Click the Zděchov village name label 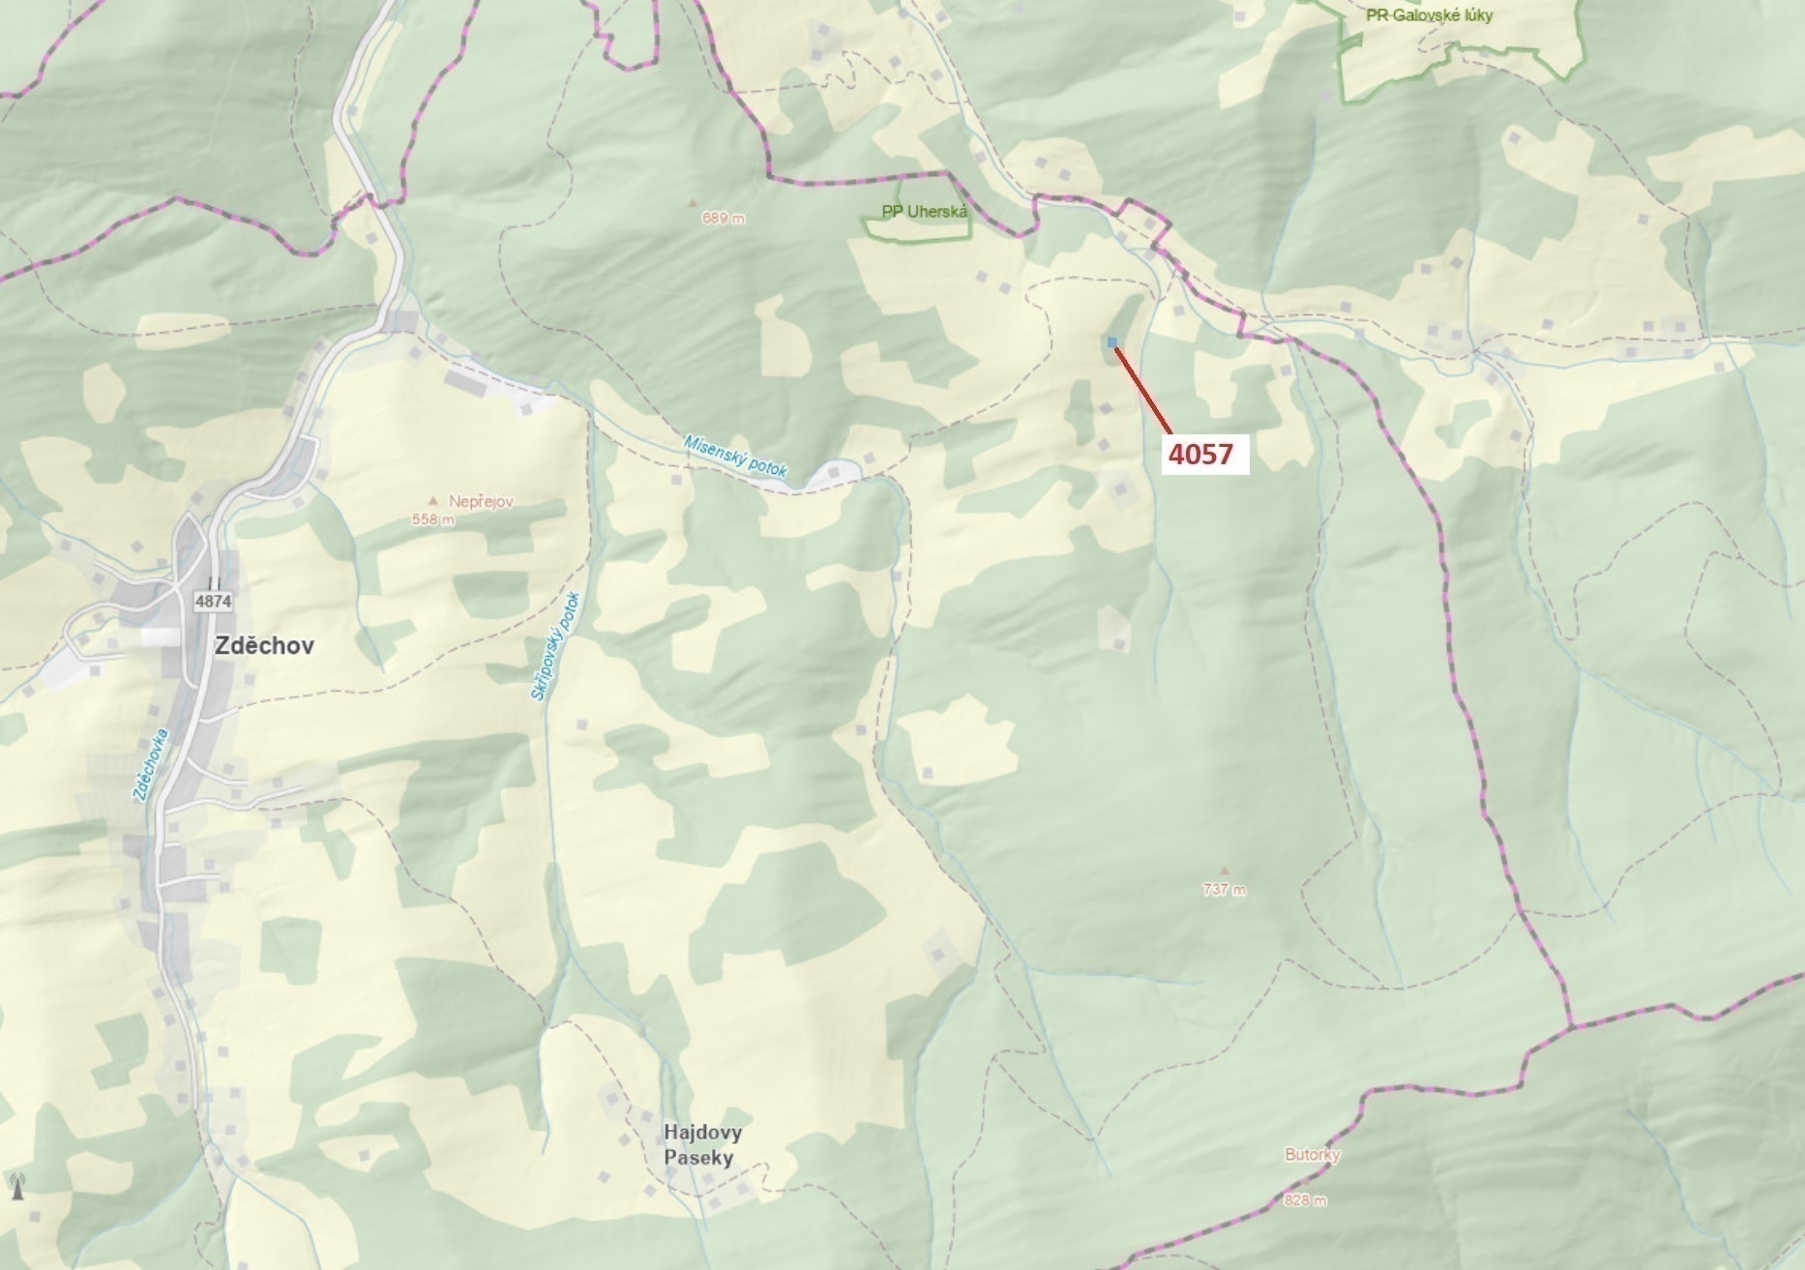click(x=264, y=646)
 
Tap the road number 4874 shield click(x=213, y=601)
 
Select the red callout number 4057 click(x=1200, y=454)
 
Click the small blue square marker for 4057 click(x=1112, y=341)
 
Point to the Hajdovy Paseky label click(x=703, y=1145)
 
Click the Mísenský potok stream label click(x=735, y=456)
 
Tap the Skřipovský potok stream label click(x=554, y=646)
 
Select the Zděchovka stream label click(x=152, y=764)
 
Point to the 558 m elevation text click(x=432, y=519)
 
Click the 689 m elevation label click(x=724, y=219)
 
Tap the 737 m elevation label click(x=1224, y=890)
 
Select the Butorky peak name click(x=1313, y=1155)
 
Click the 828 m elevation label click(x=1305, y=1200)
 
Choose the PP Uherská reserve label click(x=924, y=211)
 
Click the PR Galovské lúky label click(x=1429, y=15)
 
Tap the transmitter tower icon click(x=16, y=1185)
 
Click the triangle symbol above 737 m click(x=1225, y=871)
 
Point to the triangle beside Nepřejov click(x=433, y=501)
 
